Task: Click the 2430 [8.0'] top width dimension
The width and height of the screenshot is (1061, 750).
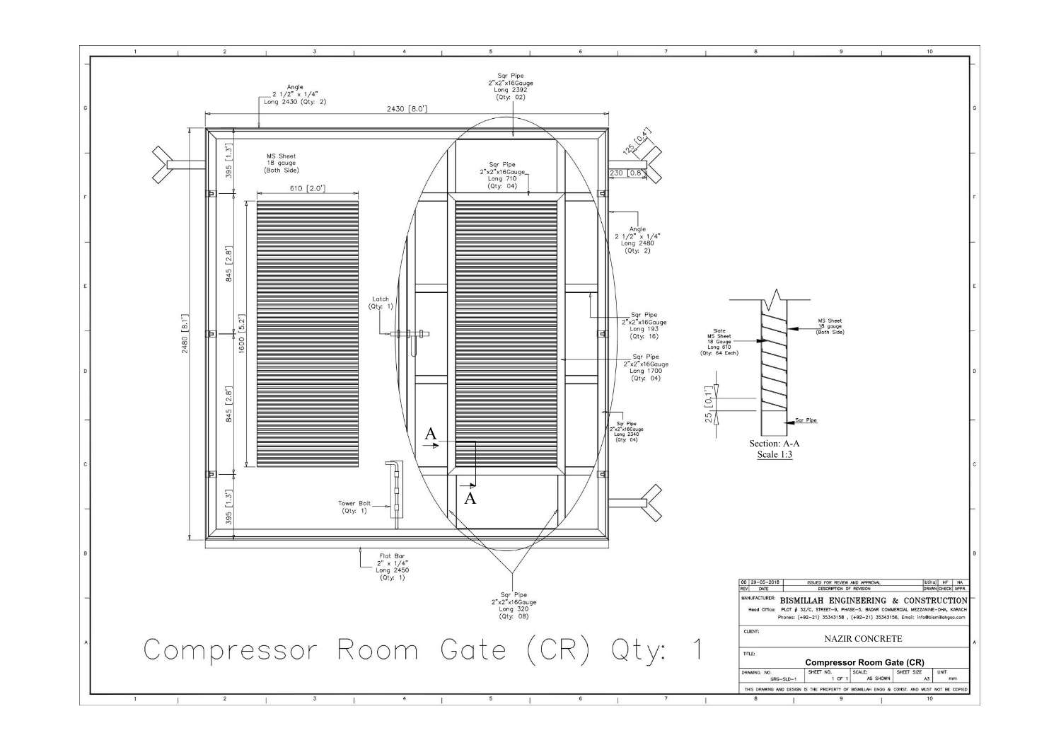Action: tap(406, 109)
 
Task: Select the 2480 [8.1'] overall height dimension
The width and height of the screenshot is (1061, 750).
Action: tap(185, 334)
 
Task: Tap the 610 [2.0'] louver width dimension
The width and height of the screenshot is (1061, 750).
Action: tap(307, 188)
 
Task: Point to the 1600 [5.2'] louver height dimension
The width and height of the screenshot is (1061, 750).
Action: tap(241, 334)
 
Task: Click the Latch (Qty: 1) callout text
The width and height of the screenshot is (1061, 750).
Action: tap(381, 303)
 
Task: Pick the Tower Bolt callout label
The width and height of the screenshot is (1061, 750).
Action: tap(354, 507)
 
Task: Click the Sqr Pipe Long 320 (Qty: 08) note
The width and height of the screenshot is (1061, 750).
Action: tap(514, 606)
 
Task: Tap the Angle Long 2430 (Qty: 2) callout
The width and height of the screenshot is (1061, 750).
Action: tap(295, 94)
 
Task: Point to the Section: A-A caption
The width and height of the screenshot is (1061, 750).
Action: tap(775, 444)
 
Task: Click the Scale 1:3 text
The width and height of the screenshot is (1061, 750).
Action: tap(775, 454)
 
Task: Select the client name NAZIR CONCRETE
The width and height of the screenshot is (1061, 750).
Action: tap(863, 639)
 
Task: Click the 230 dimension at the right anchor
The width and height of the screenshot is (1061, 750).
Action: tap(616, 173)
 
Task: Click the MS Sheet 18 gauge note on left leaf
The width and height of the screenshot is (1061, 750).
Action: tap(281, 163)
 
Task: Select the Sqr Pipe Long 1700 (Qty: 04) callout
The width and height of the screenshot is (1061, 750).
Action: tap(645, 368)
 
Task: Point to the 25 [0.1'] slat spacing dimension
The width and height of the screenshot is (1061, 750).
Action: tap(708, 405)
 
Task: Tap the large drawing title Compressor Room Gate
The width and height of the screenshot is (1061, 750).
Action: tap(423, 650)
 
